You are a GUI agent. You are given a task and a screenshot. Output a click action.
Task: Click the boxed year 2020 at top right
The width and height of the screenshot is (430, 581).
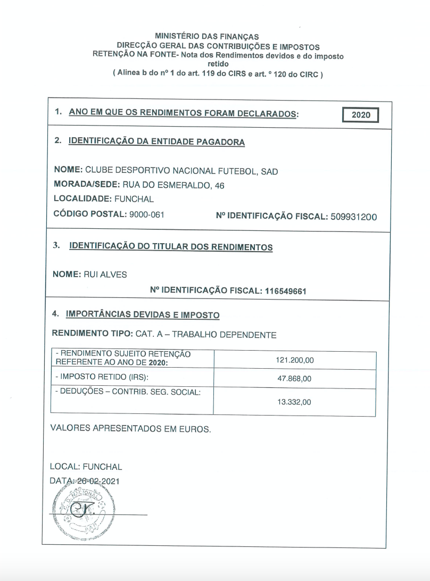[x=361, y=115]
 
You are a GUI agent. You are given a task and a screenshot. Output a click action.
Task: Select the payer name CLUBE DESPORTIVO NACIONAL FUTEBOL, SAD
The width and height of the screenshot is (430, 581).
[x=181, y=171]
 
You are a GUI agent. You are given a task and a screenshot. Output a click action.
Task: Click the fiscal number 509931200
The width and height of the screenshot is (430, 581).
[x=353, y=217]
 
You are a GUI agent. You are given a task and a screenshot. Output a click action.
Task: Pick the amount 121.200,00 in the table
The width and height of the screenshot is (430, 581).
[x=294, y=360]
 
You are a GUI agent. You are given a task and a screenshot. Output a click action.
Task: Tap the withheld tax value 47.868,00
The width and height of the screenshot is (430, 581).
[x=294, y=379]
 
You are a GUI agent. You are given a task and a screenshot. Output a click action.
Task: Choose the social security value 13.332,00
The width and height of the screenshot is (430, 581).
[x=294, y=402]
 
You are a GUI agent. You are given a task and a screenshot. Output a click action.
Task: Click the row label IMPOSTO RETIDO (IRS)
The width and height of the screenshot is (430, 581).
[x=102, y=377]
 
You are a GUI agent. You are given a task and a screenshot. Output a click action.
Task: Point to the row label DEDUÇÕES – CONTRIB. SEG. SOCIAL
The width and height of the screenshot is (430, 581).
[x=128, y=392]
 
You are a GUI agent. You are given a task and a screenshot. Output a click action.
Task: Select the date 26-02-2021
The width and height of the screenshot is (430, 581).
[x=98, y=480]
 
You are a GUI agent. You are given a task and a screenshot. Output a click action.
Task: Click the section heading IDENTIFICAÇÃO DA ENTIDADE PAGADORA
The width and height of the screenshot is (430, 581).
[x=157, y=142]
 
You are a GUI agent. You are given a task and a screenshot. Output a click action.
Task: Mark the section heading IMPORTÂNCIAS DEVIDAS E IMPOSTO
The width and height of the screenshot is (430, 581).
[x=143, y=315]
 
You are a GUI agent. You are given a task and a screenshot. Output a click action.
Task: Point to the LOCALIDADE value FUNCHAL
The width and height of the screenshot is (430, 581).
[x=134, y=199]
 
